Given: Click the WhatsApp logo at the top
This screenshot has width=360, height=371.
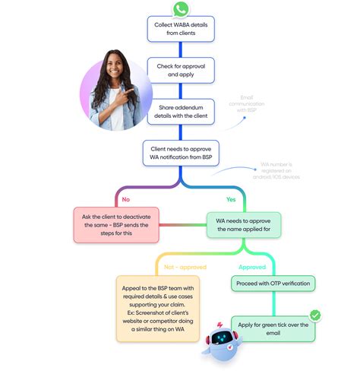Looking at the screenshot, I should point(180,9).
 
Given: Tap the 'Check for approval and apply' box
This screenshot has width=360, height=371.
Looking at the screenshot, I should point(180,71).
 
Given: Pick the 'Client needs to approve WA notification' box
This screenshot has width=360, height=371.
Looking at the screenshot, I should point(181,153).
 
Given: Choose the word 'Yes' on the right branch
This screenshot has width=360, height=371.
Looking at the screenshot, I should point(232,199).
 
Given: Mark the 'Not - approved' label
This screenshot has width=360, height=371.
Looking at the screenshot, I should point(181,267).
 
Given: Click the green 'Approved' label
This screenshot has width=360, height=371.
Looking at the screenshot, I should point(252,267).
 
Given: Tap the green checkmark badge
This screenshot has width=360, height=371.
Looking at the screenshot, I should point(314,314).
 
